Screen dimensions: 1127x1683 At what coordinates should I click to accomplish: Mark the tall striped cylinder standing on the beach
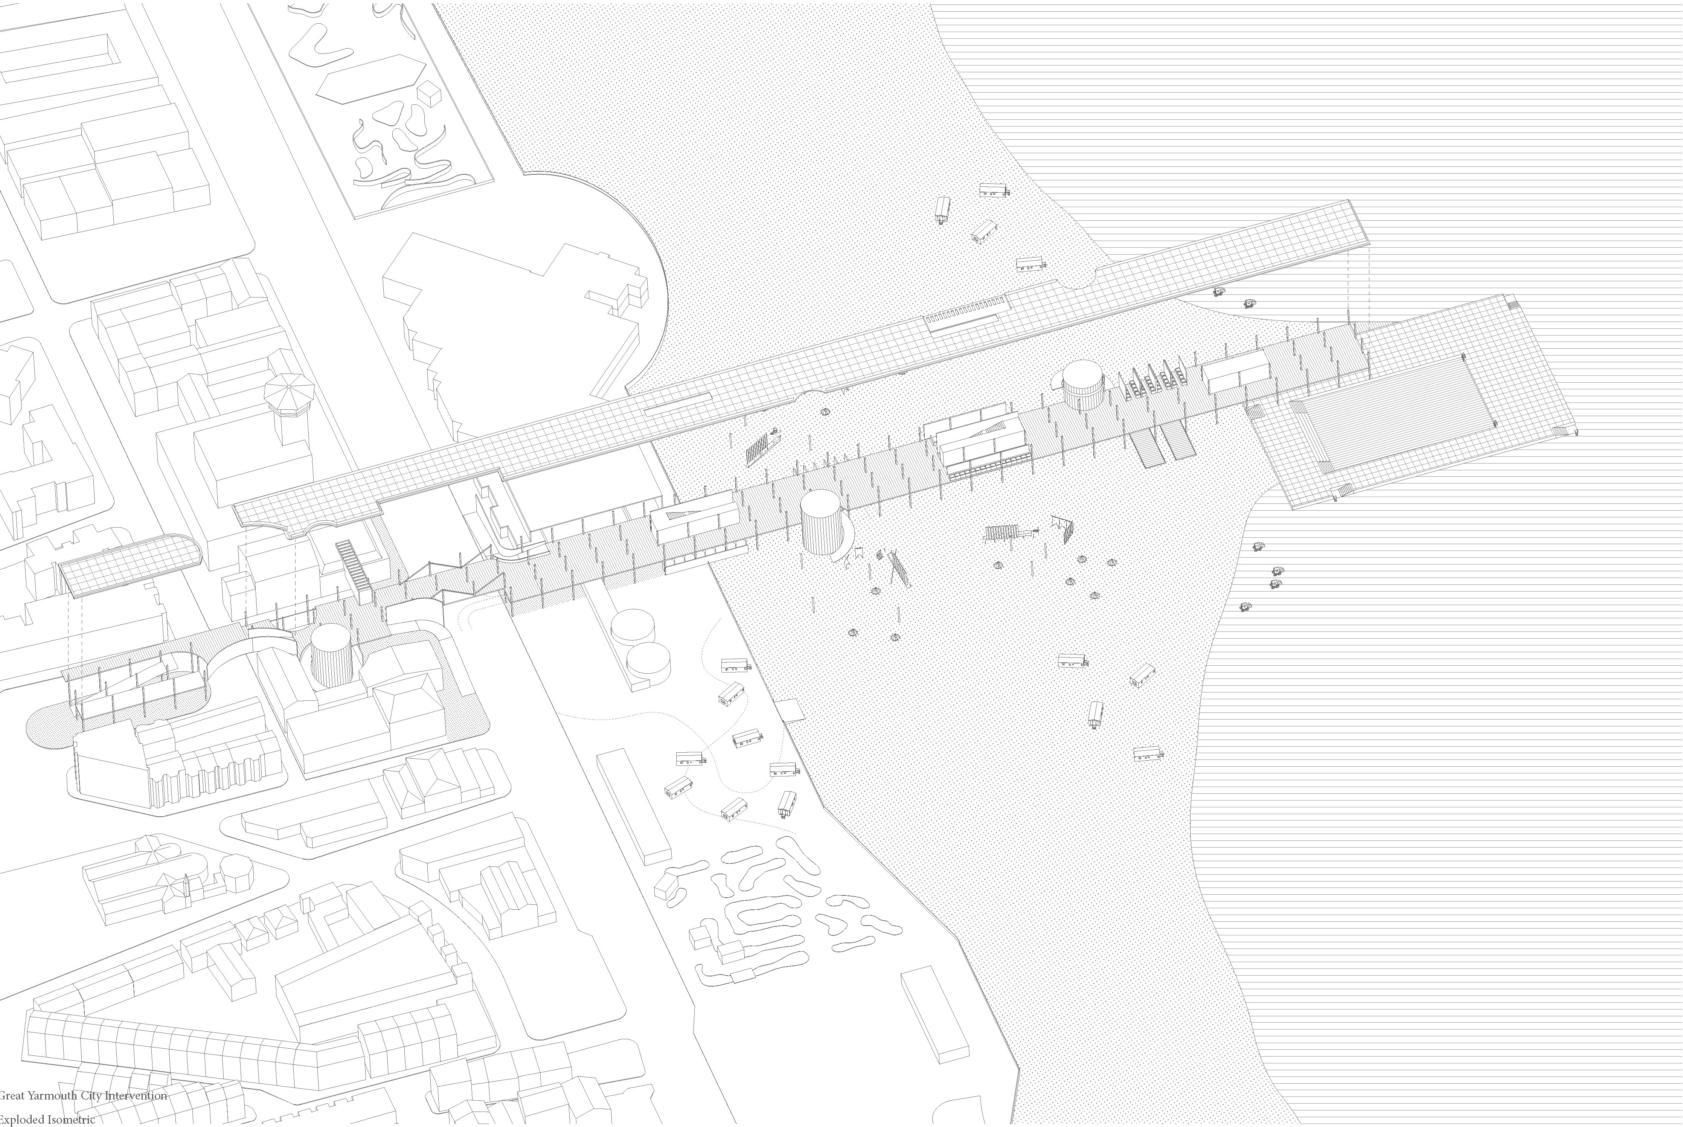click(823, 523)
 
